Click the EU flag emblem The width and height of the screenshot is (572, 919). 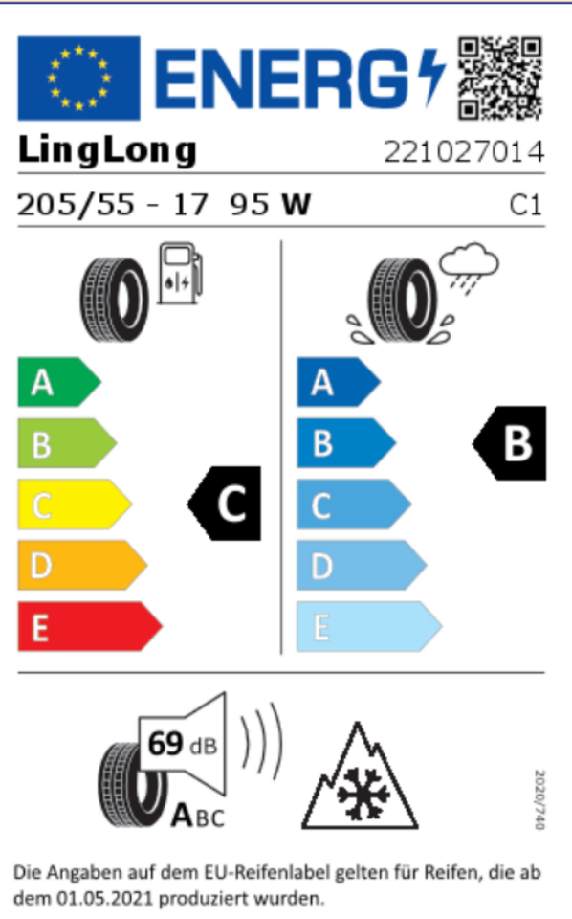tap(78, 78)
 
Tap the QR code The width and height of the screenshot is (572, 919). tap(500, 78)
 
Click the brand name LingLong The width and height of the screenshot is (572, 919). tap(107, 150)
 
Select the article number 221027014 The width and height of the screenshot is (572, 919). tap(464, 152)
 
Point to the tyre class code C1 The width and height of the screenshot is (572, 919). tap(526, 205)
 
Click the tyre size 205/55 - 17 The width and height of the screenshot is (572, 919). tap(113, 205)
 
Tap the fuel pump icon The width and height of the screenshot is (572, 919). tap(180, 274)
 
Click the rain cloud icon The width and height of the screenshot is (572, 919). tap(469, 268)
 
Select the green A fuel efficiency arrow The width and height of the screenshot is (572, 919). tap(59, 382)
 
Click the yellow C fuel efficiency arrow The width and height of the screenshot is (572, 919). tap(75, 504)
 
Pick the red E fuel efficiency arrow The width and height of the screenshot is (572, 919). tap(90, 626)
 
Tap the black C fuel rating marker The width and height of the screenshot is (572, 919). tap(224, 504)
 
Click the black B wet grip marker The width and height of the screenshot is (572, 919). tap(510, 443)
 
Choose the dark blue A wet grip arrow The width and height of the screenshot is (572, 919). tap(339, 382)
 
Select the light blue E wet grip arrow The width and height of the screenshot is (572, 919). tap(369, 626)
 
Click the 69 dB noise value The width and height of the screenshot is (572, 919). tap(182, 745)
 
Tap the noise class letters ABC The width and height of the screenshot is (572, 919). tap(198, 816)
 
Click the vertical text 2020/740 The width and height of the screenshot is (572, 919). tap(539, 799)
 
